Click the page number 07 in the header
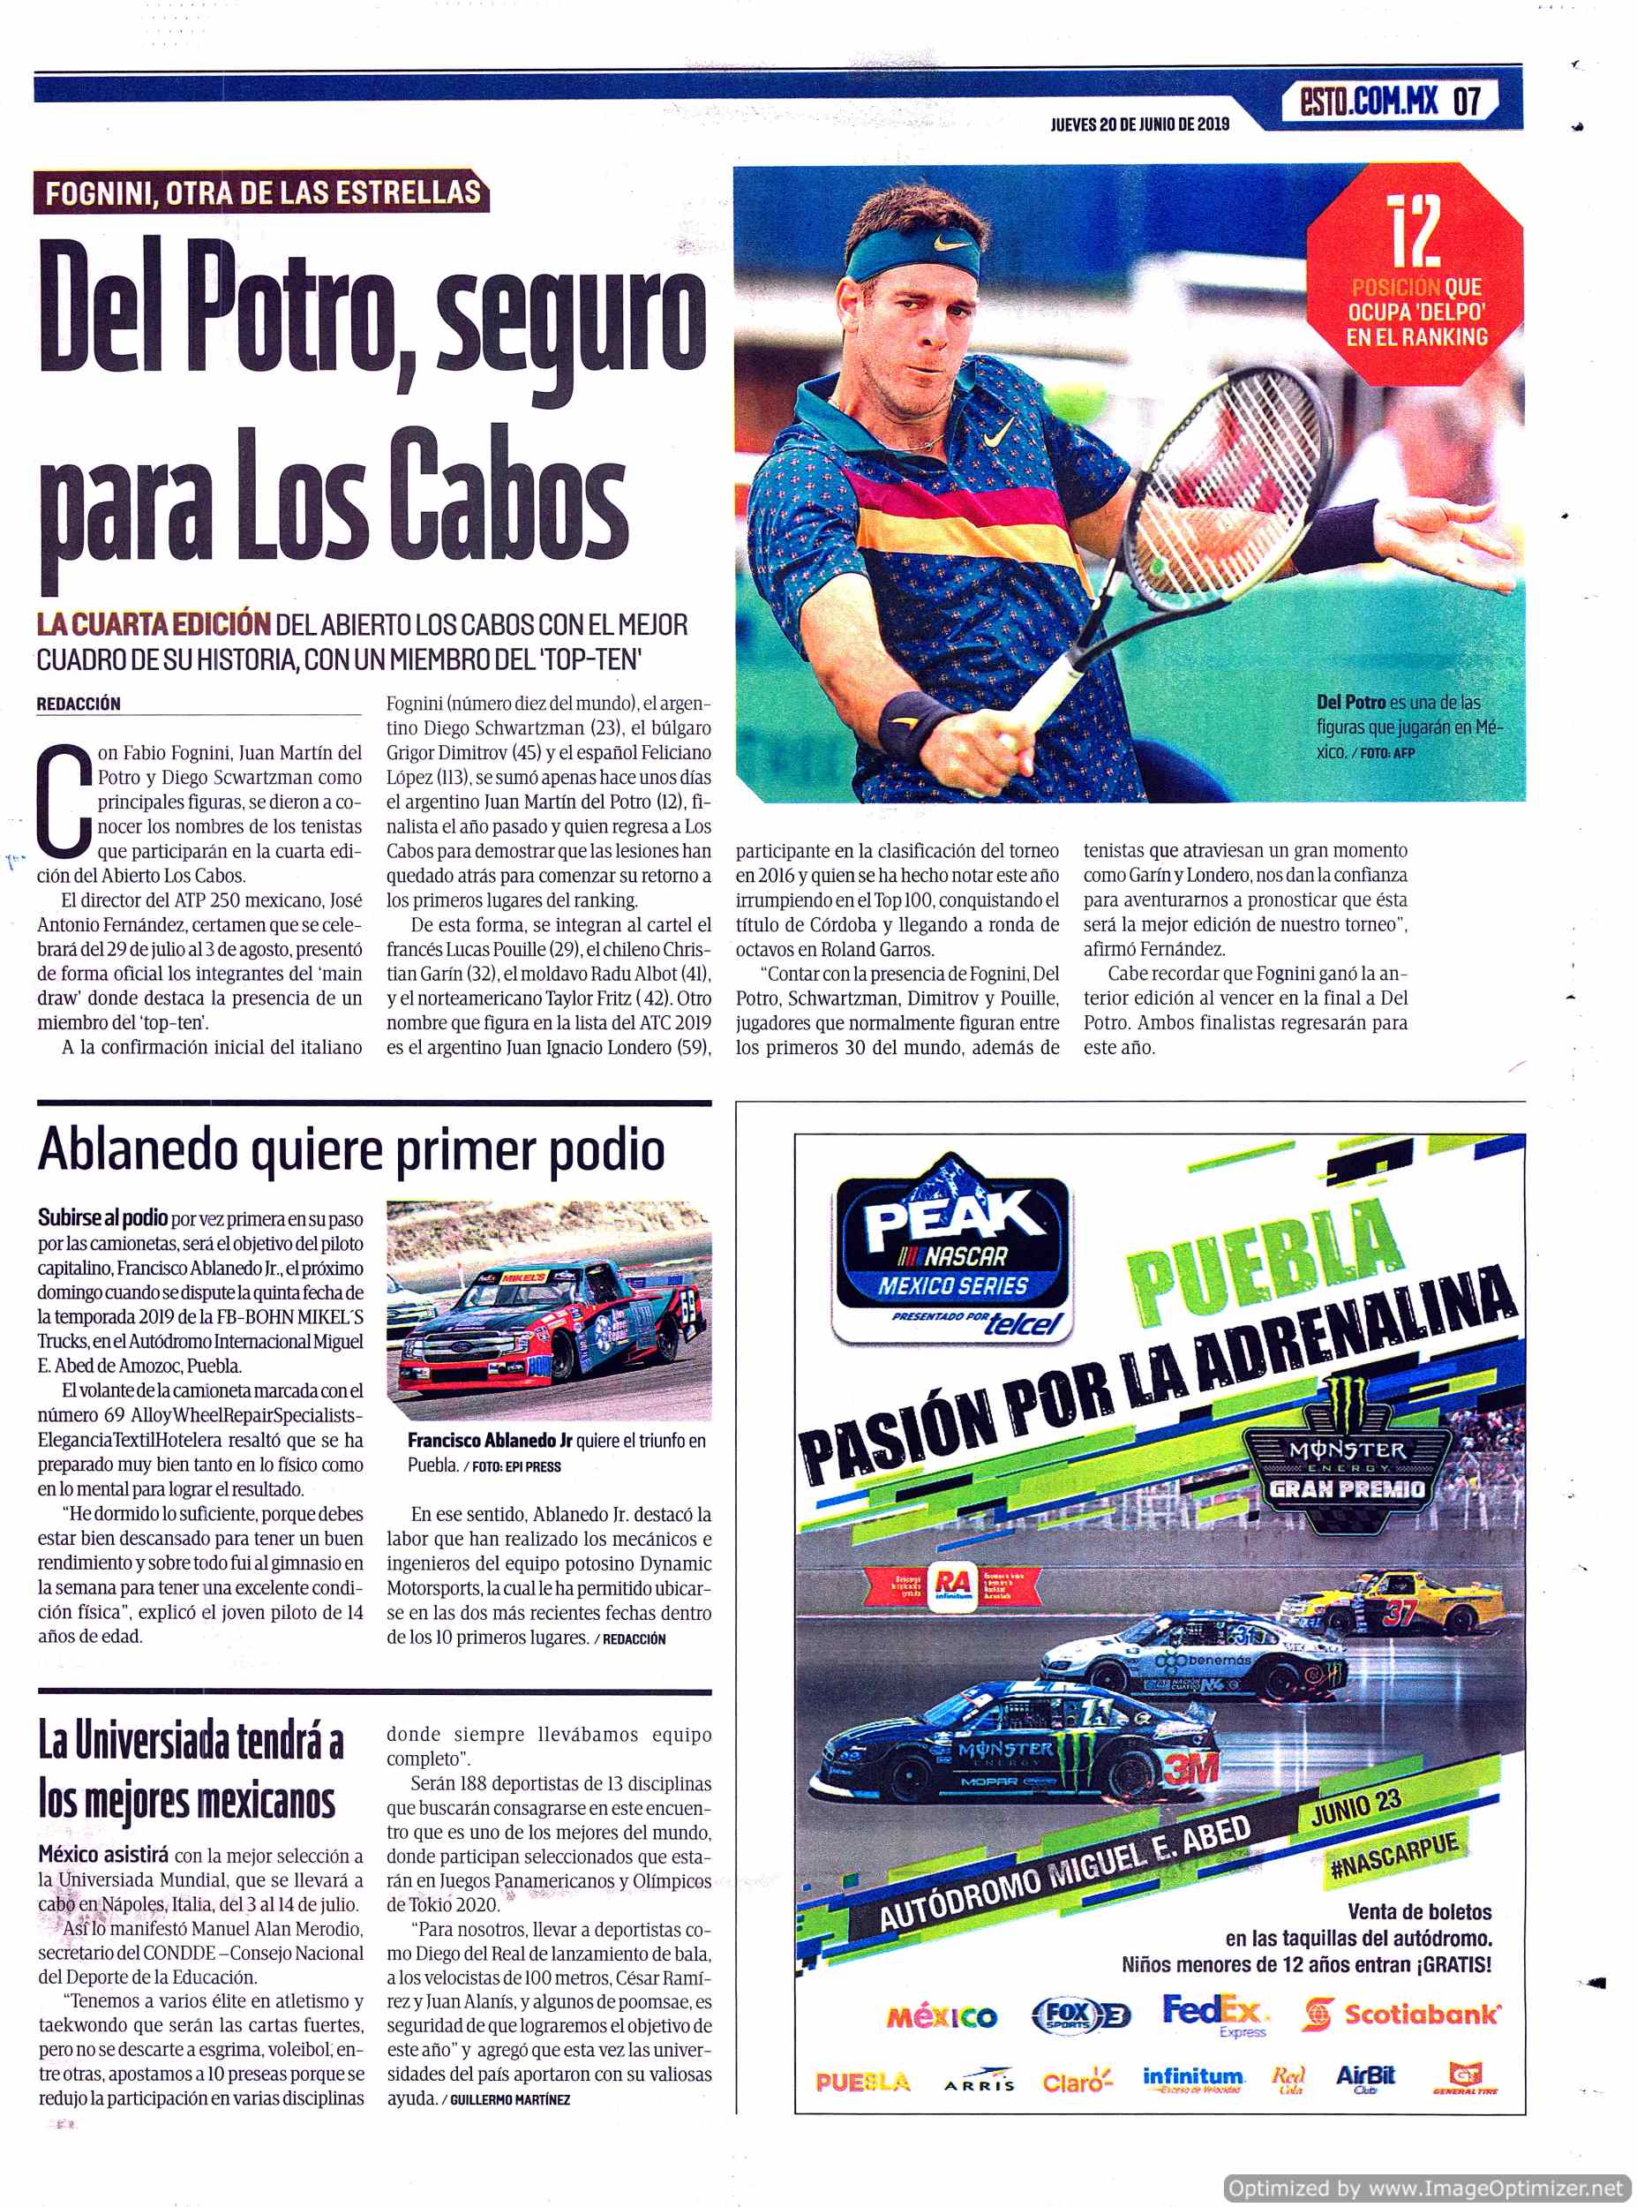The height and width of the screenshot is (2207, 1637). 1467,102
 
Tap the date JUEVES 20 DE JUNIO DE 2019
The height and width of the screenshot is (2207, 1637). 1139,124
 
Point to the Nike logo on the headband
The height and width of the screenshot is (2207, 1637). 952,240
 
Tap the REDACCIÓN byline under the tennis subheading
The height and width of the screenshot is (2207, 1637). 79,704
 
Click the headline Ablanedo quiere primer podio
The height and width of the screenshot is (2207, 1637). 351,1150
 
